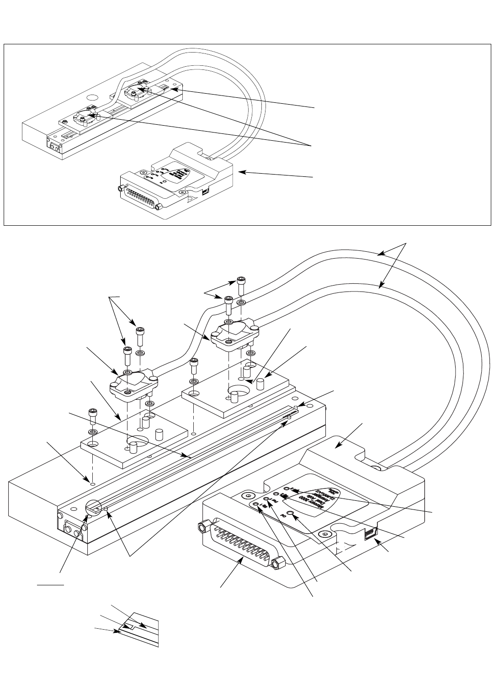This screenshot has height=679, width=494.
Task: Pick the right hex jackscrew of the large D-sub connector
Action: pyautogui.click(x=275, y=564)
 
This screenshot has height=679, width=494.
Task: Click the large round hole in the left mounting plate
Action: pyautogui.click(x=136, y=442)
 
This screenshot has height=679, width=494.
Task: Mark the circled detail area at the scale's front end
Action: pyautogui.click(x=93, y=508)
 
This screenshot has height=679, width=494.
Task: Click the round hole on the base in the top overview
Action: pyautogui.click(x=93, y=97)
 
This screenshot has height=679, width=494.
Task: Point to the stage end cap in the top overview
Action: pyautogui.click(x=55, y=147)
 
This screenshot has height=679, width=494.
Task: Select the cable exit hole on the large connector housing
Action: pyautogui.click(x=375, y=468)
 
